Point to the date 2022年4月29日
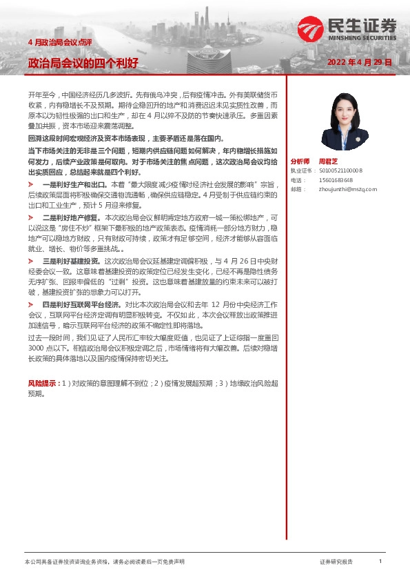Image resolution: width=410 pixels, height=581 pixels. pyautogui.click(x=360, y=62)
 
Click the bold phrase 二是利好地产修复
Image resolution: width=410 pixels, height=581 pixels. pyautogui.click(x=71, y=217)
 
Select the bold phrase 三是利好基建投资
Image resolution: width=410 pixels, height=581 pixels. pyautogui.click(x=71, y=261)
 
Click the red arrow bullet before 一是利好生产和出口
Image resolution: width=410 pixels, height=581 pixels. pyautogui.click(x=30, y=186)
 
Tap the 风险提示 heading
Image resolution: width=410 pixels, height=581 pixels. pyautogui.click(x=41, y=382)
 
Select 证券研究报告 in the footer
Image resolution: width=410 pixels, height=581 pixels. pyautogui.click(x=336, y=562)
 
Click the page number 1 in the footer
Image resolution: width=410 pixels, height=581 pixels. pyautogui.click(x=380, y=562)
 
